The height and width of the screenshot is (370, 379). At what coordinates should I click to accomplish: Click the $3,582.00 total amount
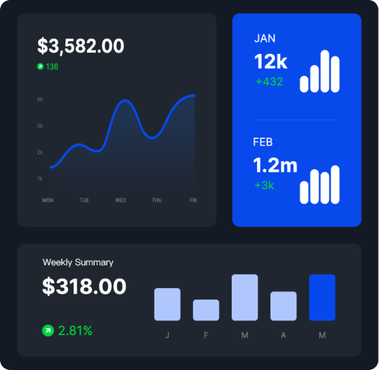(x=80, y=46)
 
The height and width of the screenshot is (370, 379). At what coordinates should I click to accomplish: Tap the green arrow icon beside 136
(x=40, y=66)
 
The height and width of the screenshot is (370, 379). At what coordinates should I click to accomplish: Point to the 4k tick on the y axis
(x=40, y=99)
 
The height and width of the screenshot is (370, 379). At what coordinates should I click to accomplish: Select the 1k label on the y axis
(x=40, y=179)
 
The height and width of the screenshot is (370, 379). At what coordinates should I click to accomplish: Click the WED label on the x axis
(x=121, y=200)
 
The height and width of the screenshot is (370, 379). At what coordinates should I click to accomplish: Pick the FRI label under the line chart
(x=193, y=200)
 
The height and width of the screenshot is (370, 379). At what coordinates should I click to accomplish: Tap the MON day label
(x=48, y=200)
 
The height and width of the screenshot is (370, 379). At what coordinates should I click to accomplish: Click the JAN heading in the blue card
(x=265, y=38)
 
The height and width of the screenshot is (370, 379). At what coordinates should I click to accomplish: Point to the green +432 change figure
(x=269, y=82)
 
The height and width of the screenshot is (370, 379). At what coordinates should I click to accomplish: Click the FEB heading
(x=263, y=142)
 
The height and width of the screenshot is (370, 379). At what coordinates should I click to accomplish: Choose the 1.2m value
(x=275, y=165)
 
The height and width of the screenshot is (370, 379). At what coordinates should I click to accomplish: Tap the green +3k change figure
(x=264, y=185)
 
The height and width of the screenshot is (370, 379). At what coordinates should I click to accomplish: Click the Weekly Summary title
(x=78, y=262)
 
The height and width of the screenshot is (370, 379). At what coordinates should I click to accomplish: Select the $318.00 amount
(x=84, y=286)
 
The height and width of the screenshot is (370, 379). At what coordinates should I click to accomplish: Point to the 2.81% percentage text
(x=75, y=331)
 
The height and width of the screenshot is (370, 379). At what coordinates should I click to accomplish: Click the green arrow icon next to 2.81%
(x=48, y=331)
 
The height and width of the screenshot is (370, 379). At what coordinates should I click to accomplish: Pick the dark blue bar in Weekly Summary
(x=322, y=297)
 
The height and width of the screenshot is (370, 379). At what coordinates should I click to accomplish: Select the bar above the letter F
(x=206, y=310)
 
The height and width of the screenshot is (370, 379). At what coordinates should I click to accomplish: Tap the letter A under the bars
(x=283, y=335)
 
